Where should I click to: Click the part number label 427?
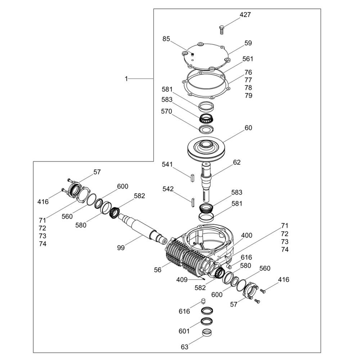pos(245,15)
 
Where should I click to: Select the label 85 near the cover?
pos(166,39)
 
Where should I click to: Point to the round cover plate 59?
pos(205,56)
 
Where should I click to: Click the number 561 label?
pos(248,59)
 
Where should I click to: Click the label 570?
pos(166,111)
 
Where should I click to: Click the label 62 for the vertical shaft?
pos(237,162)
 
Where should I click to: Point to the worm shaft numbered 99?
pos(142,228)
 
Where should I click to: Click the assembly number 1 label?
pos(126,79)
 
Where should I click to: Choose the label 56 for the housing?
pos(158,270)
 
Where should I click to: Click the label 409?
pos(182,280)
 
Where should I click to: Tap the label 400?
pos(247,235)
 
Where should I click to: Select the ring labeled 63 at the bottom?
pos(207,333)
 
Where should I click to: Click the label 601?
pos(184,331)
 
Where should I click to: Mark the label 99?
pos(121,248)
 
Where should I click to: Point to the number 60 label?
pos(248,128)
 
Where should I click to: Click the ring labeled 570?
pos(206,129)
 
